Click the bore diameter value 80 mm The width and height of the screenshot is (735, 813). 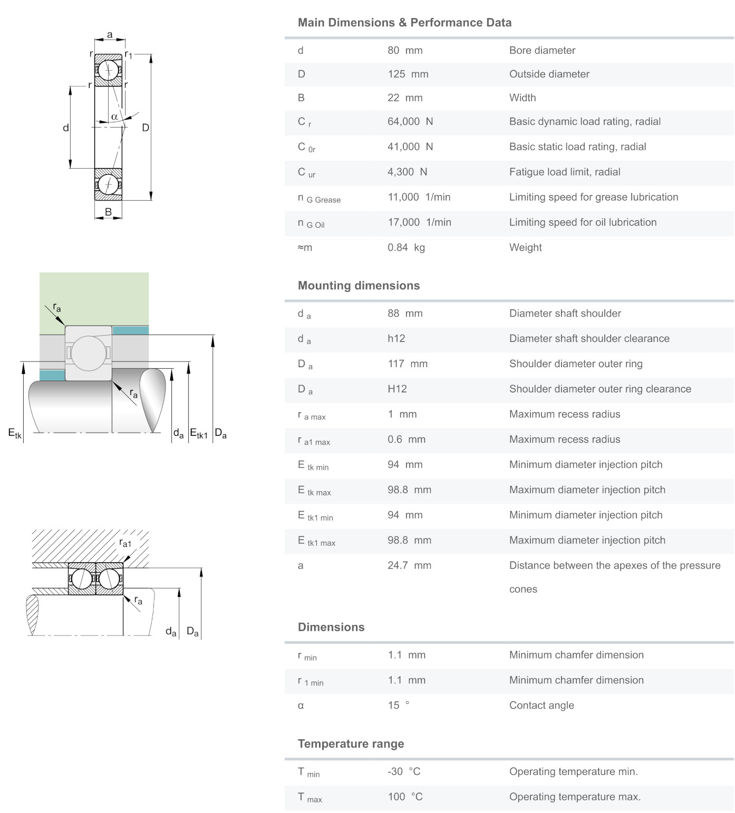(x=405, y=51)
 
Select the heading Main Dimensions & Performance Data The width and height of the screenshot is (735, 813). (x=404, y=23)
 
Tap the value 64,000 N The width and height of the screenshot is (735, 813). (x=410, y=122)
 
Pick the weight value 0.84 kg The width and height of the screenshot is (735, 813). (x=406, y=248)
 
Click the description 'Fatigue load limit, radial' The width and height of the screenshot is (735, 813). (x=565, y=172)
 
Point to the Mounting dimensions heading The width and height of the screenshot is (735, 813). (x=359, y=286)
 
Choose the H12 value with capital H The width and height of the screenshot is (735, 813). (x=397, y=389)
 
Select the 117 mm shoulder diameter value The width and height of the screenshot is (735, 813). (x=408, y=364)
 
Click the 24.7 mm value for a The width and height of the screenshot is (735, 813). (x=409, y=566)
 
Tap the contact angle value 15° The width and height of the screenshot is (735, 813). (x=399, y=706)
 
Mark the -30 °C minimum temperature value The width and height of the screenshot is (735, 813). (x=404, y=772)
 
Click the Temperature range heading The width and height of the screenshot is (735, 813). (x=351, y=744)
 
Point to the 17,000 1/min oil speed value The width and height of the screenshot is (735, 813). (x=419, y=222)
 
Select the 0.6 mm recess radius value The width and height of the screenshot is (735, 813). (x=407, y=439)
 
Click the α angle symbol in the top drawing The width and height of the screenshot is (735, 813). (x=114, y=116)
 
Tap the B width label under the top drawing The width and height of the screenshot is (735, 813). (x=108, y=212)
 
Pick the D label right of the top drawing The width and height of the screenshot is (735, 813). (x=146, y=128)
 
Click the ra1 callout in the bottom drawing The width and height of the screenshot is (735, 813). (x=125, y=543)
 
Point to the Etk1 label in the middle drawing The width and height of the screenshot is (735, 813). (x=199, y=434)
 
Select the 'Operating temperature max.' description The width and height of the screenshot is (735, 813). (x=575, y=797)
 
